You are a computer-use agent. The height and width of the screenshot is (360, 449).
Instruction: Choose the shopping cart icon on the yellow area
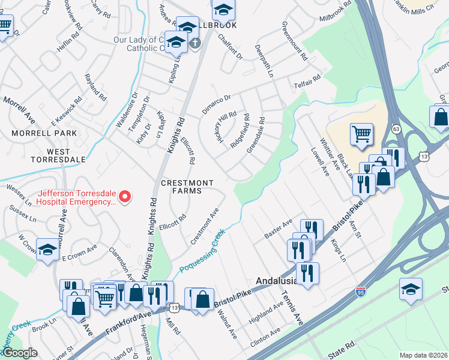(361, 135)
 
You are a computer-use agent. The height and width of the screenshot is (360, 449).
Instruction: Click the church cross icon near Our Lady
(194, 43)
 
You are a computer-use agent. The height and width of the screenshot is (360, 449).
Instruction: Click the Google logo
(19, 353)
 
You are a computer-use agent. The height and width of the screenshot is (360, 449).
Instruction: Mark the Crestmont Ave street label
(204, 226)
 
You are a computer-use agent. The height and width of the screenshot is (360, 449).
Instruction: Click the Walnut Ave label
(228, 324)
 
